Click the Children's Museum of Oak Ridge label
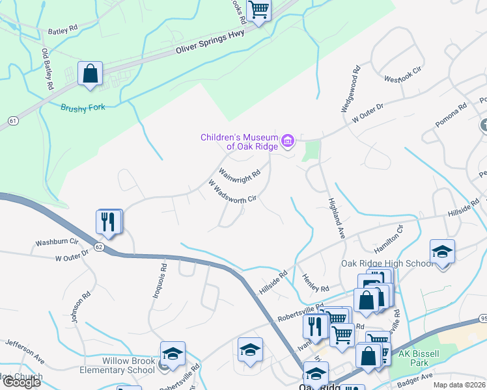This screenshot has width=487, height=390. [x=239, y=142]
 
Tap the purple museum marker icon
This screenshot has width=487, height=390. [x=288, y=139]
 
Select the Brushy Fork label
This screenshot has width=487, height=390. [x=83, y=109]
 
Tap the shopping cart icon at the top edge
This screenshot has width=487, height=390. [x=258, y=10]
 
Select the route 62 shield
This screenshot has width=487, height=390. [x=99, y=247]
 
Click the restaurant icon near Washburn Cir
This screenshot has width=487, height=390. [x=109, y=222]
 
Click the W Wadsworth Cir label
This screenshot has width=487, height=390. [x=236, y=192]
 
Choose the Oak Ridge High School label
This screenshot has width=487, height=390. [x=387, y=263]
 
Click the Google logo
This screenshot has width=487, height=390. [x=21, y=382]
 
